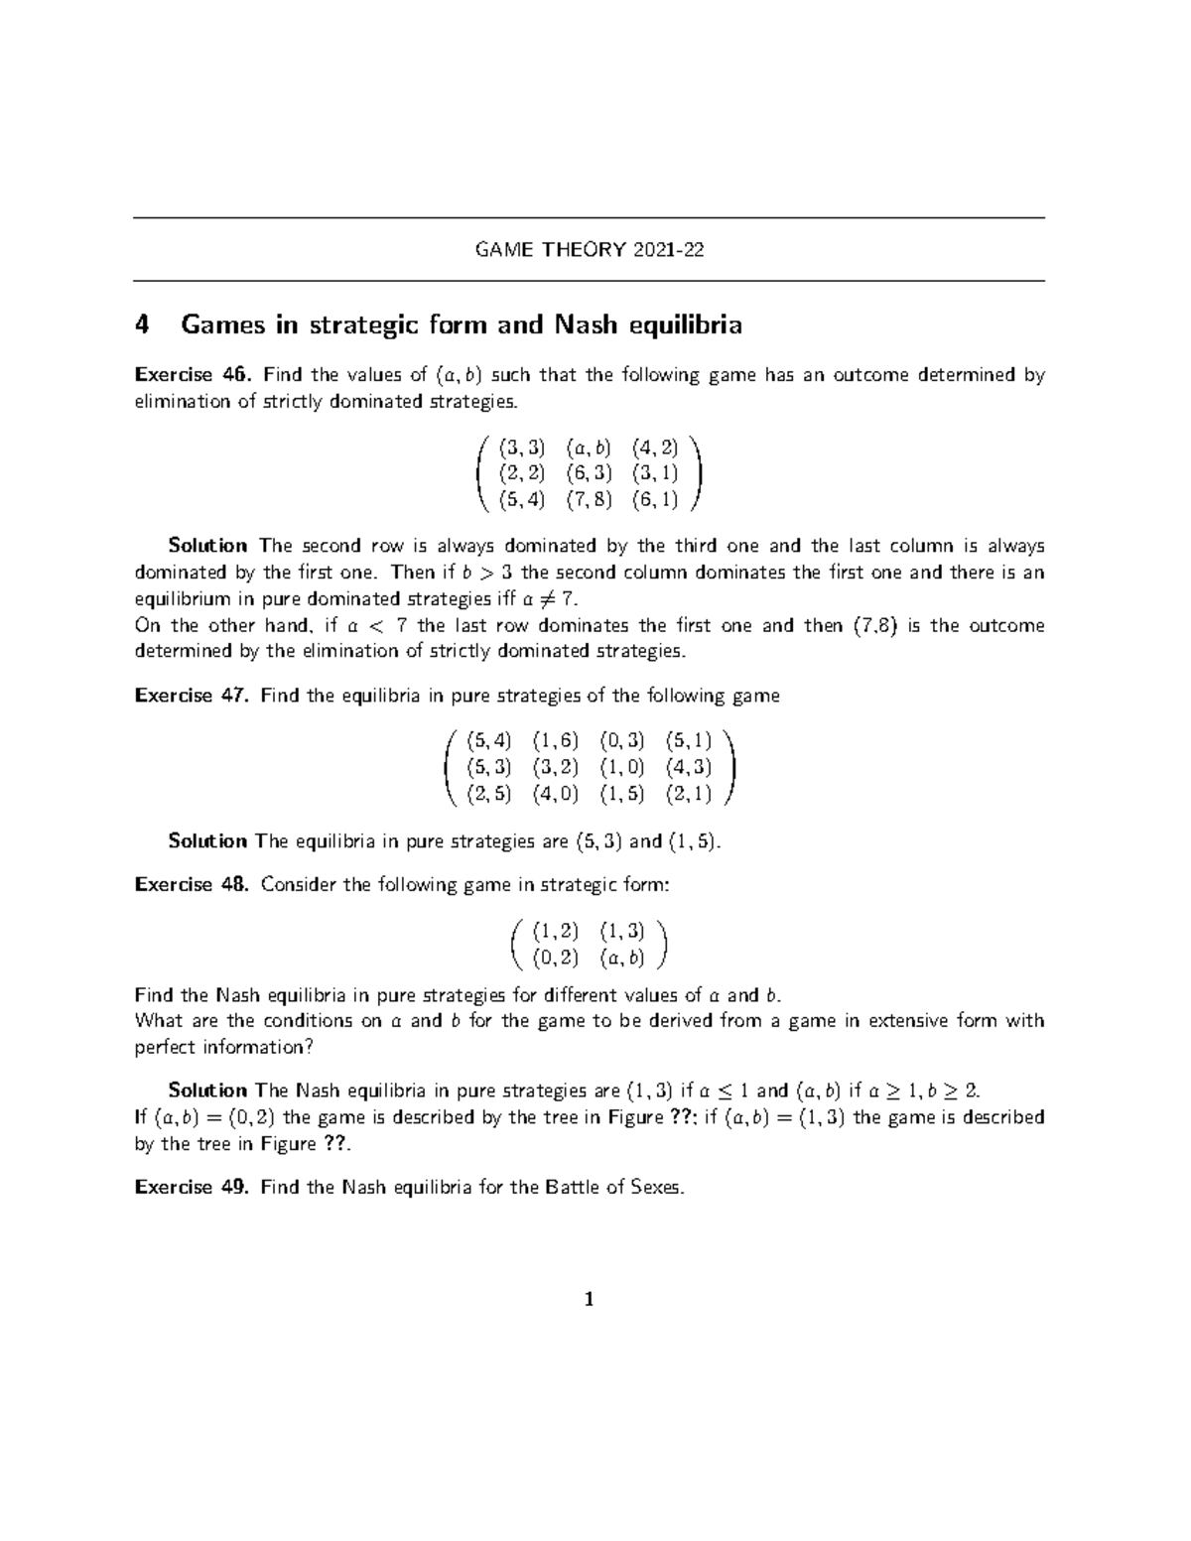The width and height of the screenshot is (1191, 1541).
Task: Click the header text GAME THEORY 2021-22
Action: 590,250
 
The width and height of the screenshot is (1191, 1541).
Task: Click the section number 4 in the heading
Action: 142,325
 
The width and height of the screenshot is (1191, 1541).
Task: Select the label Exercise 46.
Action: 194,375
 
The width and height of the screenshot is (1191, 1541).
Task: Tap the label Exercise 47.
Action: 194,696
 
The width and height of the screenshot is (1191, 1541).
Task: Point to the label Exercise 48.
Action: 194,884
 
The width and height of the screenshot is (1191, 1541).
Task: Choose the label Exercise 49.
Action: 194,1187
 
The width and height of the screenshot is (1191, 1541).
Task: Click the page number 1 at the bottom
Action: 590,1300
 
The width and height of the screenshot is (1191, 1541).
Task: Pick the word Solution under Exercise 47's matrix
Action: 207,841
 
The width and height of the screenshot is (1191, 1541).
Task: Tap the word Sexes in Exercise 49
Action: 656,1187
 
